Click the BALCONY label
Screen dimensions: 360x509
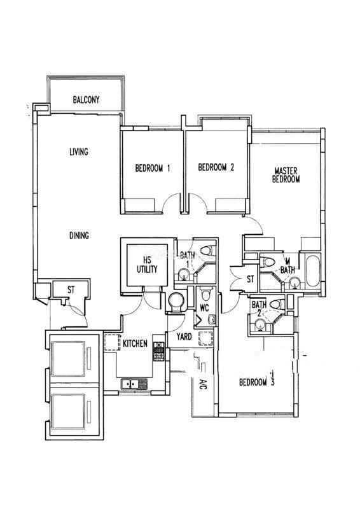tap(86, 99)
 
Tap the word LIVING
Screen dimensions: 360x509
tap(79, 151)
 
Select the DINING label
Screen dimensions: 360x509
tap(80, 235)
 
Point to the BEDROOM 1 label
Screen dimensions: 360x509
tap(153, 168)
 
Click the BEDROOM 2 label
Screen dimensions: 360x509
tap(216, 167)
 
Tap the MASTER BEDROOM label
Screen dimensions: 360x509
tap(286, 175)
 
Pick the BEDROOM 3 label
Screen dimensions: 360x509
tap(257, 382)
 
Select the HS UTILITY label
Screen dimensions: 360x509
tap(147, 265)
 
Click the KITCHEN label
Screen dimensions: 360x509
tap(135, 344)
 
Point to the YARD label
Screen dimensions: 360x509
tap(184, 337)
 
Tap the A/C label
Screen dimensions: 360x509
tap(203, 385)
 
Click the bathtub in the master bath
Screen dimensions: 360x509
tap(313, 272)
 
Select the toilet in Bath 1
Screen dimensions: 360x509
tap(208, 250)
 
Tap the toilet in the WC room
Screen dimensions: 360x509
tap(205, 294)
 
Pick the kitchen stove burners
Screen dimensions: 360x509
tap(159, 351)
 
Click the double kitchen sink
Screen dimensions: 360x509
tap(134, 384)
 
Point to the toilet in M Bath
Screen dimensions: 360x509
tap(268, 261)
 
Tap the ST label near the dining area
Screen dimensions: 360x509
tap(71, 289)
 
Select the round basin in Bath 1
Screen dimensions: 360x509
tap(184, 274)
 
